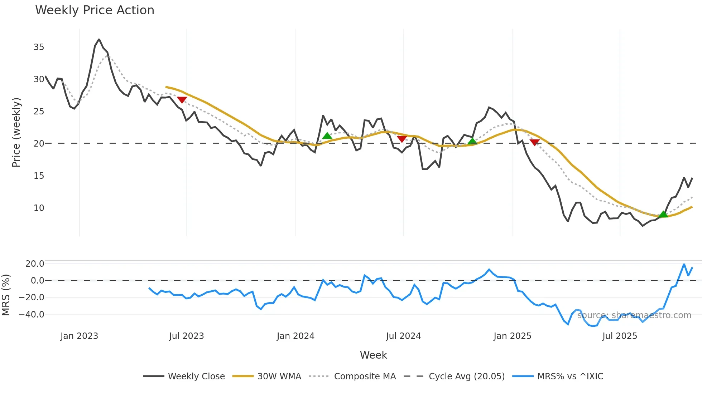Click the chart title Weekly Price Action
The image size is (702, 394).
point(95,10)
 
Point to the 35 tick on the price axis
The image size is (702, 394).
point(39,47)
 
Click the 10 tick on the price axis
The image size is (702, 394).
point(39,208)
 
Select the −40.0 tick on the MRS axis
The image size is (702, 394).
point(32,315)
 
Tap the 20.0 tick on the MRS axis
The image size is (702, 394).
point(35,264)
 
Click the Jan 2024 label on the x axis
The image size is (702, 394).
point(295,336)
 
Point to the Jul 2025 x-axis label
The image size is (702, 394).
point(620,336)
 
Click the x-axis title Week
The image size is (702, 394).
point(373,355)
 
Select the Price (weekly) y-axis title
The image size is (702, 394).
point(16,132)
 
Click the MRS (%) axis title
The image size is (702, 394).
point(6,295)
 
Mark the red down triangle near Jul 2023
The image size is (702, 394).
point(182,100)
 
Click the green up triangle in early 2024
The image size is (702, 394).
point(327,136)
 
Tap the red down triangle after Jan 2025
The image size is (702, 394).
point(534,142)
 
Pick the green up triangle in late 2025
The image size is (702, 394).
point(663,214)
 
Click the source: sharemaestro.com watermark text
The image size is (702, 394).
point(634,315)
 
